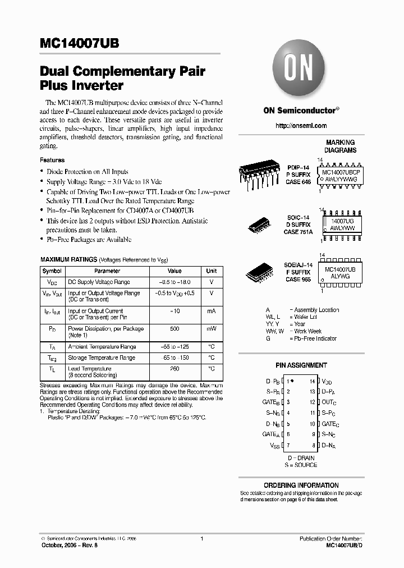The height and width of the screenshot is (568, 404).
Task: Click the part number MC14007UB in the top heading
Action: [79, 44]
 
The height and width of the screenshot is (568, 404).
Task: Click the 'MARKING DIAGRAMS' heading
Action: [340, 146]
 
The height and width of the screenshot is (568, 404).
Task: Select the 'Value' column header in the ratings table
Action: [175, 271]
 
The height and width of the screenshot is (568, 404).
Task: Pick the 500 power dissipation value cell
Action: [175, 329]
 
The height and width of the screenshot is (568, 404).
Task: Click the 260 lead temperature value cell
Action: [175, 369]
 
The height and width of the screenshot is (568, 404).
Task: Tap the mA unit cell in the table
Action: [211, 311]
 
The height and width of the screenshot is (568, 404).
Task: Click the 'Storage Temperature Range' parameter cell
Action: [102, 358]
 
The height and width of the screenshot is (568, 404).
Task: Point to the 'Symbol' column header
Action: [52, 271]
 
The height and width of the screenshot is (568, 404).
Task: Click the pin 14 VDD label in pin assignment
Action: [327, 381]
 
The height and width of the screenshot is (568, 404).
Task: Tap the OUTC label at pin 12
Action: [329, 402]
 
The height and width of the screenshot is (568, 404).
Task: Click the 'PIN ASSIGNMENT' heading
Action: [301, 365]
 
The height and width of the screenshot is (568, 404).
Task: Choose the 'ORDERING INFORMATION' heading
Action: [301, 485]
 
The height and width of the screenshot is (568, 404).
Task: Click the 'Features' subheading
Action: [52, 160]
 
